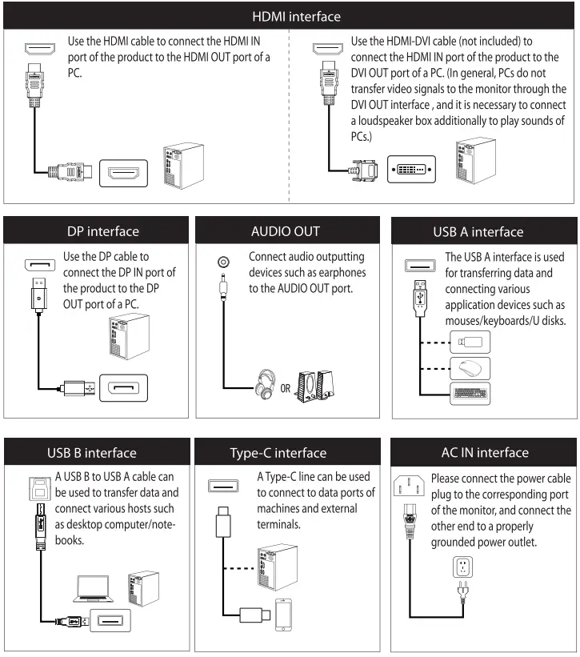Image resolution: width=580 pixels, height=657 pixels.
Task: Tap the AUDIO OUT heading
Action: (290, 232)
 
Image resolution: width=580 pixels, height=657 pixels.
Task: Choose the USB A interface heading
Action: (485, 232)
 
